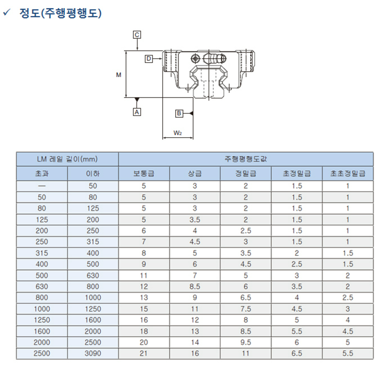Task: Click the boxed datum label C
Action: coord(137,35)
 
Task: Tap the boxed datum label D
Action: coord(149,59)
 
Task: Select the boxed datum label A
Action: coord(137,112)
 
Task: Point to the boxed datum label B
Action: coord(179,113)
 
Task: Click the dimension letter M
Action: coord(119,75)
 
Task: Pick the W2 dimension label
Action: coord(177,133)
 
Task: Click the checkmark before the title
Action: coord(6,12)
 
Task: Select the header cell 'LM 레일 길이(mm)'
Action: coord(67,159)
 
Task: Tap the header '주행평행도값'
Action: coord(246,159)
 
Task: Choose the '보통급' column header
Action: coord(144,173)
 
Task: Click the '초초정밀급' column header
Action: coord(348,173)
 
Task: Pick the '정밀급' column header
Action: coord(246,173)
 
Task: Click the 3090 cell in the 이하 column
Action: coord(93,353)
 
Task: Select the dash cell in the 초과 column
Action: coord(42,186)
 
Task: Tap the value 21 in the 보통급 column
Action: coord(144,353)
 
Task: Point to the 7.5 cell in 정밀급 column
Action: coord(246,309)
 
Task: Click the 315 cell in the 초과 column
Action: coord(42,253)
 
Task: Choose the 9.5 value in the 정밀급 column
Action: coord(246,342)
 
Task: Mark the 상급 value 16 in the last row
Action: coord(195,353)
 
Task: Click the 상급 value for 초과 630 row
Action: coord(195,287)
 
